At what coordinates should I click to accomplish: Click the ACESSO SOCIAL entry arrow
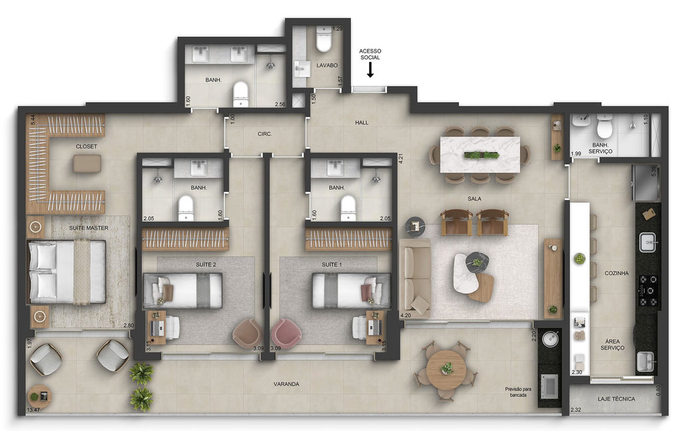click(370, 69)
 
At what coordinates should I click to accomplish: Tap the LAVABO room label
click(327, 65)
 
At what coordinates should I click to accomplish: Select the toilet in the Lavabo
click(324, 39)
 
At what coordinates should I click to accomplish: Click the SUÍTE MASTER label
click(89, 228)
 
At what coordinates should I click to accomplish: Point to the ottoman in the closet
click(87, 164)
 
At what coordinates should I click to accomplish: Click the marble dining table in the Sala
click(480, 155)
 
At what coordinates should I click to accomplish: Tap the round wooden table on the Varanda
click(446, 369)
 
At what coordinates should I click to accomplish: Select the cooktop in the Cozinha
click(647, 290)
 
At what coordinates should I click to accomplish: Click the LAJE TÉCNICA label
click(616, 399)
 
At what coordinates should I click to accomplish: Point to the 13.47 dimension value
click(33, 410)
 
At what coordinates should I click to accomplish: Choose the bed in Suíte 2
click(182, 290)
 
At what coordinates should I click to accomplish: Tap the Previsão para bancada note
click(518, 392)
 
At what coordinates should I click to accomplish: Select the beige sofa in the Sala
click(416, 278)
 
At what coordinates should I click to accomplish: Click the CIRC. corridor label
click(264, 134)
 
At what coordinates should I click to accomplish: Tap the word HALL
click(362, 123)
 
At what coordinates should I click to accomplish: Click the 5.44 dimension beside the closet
click(33, 120)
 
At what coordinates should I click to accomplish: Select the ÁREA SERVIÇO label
click(613, 344)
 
